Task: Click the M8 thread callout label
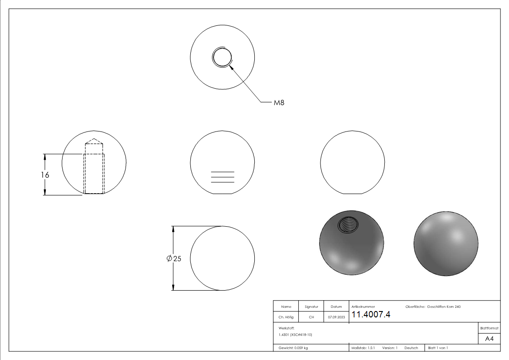click(279, 102)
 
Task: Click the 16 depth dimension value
click(45, 175)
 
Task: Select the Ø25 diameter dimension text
click(174, 258)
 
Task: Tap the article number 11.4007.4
click(371, 314)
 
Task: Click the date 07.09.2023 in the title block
click(336, 317)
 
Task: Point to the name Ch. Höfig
click(286, 317)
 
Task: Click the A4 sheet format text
click(489, 339)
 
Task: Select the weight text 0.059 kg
click(301, 348)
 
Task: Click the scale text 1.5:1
click(371, 348)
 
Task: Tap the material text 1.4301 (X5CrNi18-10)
click(295, 335)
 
